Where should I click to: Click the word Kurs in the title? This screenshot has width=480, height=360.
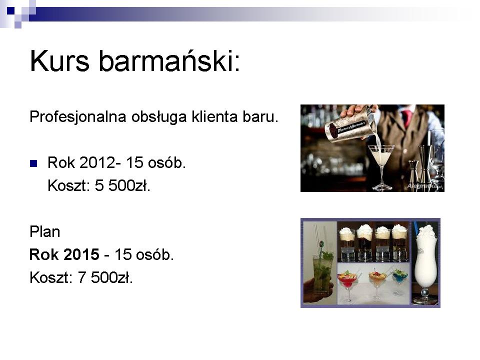point(59,60)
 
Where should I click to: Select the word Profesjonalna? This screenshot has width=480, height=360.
point(78,117)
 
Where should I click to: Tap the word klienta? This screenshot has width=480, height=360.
point(214,116)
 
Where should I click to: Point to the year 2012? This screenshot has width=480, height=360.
point(98,162)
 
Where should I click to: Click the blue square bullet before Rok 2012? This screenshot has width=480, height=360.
point(33,163)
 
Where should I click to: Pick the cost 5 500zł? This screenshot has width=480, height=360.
point(122,185)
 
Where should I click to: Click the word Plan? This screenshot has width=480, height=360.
point(44,231)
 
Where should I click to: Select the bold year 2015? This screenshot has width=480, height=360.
point(81,254)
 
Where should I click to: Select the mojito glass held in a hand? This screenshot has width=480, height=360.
point(322,272)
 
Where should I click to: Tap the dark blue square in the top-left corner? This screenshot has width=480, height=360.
point(10,10)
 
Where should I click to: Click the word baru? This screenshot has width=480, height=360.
point(260,116)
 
